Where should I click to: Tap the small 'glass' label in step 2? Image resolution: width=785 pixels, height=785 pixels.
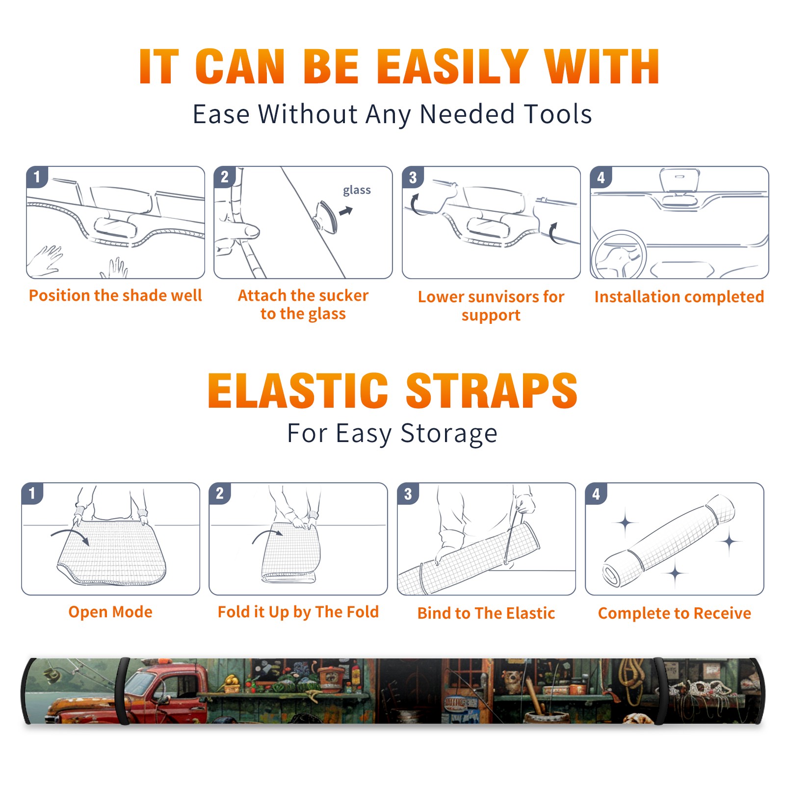357,190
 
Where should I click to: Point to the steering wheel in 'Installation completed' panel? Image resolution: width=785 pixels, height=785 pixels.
618,254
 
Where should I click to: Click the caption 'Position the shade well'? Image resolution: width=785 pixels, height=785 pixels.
115,295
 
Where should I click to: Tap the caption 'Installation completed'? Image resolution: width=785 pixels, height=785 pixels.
679,296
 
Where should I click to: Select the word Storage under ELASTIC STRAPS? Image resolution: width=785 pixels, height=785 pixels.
449,434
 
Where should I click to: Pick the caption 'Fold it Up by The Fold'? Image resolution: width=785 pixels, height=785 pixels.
298,612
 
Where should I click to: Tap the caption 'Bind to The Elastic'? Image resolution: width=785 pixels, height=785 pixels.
486,613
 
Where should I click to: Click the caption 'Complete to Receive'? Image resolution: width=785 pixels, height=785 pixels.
675,613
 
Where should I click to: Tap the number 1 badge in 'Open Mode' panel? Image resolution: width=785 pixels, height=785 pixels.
32,494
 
